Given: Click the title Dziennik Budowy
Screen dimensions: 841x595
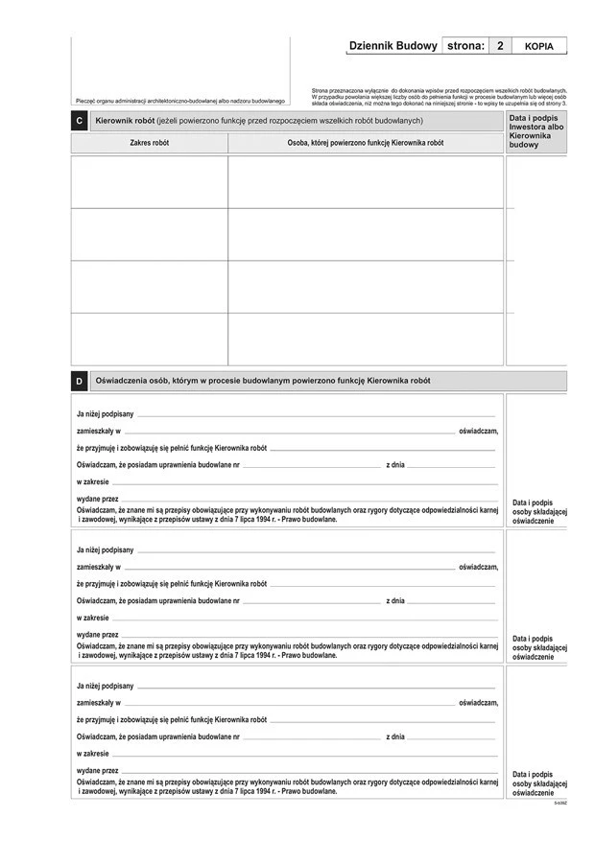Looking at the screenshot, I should (393, 46).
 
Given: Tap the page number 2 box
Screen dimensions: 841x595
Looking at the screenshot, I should (500, 46).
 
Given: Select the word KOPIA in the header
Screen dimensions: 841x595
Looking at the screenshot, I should (539, 46).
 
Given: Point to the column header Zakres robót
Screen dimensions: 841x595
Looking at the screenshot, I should (149, 143).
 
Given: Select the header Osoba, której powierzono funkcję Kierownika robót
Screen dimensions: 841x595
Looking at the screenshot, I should (366, 143).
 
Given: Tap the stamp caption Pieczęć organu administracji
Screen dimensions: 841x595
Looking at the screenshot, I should (179, 101).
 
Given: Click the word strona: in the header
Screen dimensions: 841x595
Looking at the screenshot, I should (465, 46).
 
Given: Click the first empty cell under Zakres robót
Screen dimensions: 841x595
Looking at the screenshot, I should (149, 182).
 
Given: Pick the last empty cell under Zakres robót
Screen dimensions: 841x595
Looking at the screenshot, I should (149, 339).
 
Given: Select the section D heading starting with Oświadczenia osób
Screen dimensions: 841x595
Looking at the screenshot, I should (262, 381).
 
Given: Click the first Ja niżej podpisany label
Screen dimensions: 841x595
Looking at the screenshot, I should (105, 413).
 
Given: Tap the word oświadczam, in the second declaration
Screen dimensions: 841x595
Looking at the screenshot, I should (478, 568).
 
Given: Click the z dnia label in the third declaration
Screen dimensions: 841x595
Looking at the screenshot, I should (395, 736).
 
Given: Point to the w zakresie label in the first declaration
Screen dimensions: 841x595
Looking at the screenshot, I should (93, 481).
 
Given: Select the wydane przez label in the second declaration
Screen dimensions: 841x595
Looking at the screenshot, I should (97, 635).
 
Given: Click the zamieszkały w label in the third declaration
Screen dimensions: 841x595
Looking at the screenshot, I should (98, 703).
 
